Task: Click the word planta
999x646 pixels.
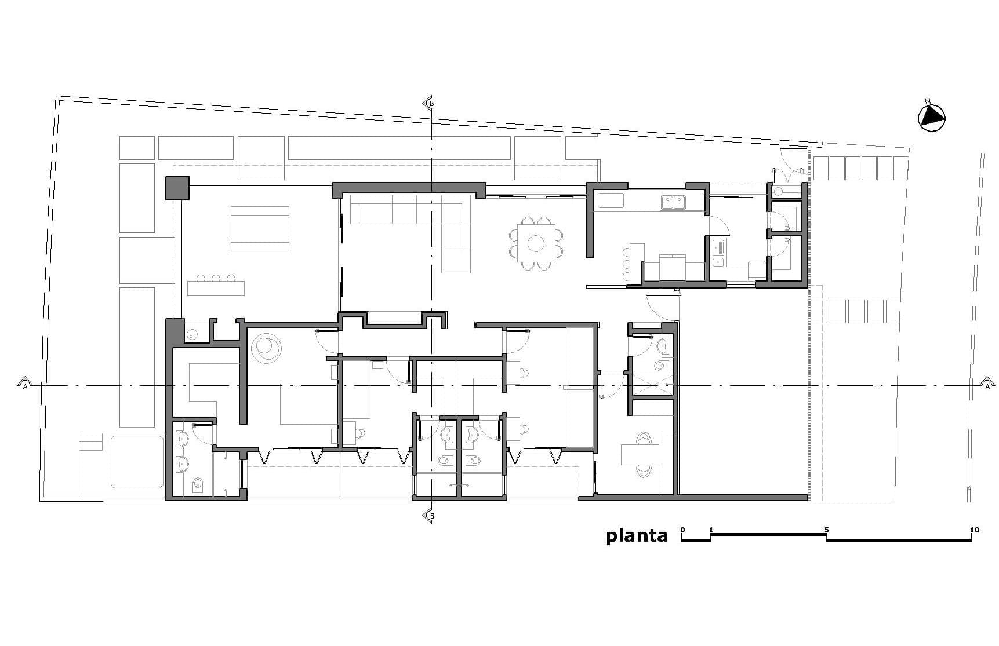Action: [x=637, y=536]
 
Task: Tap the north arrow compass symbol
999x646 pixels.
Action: [x=932, y=117]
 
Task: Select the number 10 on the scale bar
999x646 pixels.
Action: [x=974, y=530]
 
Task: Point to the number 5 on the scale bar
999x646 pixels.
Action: [x=827, y=530]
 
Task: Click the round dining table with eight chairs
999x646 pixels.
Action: [x=536, y=243]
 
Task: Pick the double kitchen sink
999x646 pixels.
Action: [x=673, y=202]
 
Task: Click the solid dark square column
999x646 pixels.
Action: [x=177, y=188]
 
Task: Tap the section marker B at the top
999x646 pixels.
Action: [x=429, y=103]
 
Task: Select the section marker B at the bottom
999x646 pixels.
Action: [x=429, y=516]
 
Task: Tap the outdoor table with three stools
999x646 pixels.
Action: [x=216, y=286]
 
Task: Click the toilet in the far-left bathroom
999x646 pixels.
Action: [x=197, y=485]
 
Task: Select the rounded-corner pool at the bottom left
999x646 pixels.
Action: [x=137, y=462]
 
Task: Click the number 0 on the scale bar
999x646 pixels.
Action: [x=682, y=530]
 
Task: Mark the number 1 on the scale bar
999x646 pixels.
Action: [x=711, y=530]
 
